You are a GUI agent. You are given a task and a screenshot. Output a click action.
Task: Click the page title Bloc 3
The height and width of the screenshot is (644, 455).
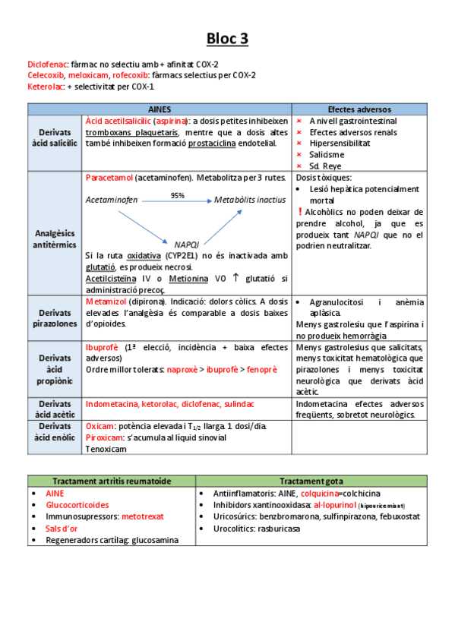pyautogui.click(x=227, y=38)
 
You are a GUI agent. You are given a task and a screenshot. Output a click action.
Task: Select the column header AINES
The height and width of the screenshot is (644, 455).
pyautogui.click(x=160, y=109)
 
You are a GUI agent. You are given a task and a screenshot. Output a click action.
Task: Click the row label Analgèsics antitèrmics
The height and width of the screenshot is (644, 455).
pyautogui.click(x=55, y=233)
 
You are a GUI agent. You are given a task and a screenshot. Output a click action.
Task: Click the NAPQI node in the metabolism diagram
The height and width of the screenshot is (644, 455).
pyautogui.click(x=186, y=245)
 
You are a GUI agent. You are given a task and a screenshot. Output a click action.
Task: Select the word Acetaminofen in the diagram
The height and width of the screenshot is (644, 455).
pyautogui.click(x=112, y=200)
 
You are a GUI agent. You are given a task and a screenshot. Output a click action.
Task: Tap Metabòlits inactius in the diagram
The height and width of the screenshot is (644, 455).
pyautogui.click(x=250, y=200)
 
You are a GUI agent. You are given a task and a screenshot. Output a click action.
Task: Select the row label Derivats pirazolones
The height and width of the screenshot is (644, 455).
pyautogui.click(x=55, y=318)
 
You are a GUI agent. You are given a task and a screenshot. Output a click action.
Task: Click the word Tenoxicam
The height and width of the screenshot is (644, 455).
pyautogui.click(x=106, y=448)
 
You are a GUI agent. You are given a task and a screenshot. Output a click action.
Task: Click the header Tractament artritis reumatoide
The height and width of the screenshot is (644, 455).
pyautogui.click(x=112, y=481)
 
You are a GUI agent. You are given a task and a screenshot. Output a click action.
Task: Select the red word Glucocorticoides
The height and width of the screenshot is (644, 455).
pyautogui.click(x=77, y=504)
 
